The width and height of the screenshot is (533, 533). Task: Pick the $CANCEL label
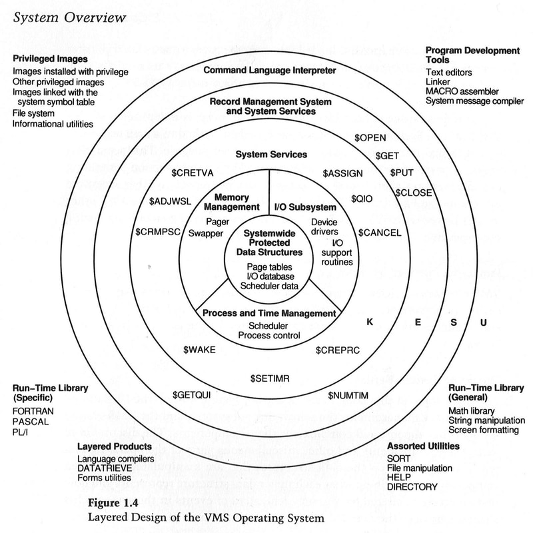pos(380,233)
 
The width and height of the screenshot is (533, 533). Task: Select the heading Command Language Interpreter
pos(270,69)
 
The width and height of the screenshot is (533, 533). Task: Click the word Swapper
pos(205,233)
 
